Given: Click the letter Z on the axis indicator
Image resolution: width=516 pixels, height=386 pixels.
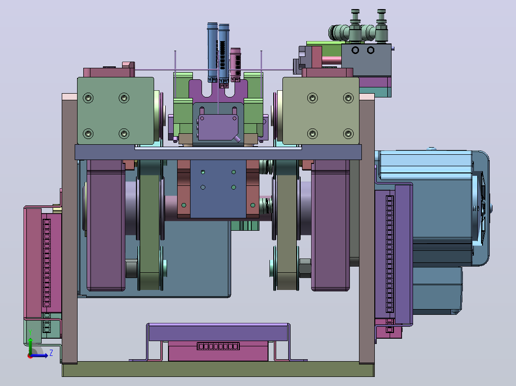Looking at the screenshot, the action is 51,353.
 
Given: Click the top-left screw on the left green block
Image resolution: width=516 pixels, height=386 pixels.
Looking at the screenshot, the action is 88,98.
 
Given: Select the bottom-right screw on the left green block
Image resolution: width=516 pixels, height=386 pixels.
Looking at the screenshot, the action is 124,134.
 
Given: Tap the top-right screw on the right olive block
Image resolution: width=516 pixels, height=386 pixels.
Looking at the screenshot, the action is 348,98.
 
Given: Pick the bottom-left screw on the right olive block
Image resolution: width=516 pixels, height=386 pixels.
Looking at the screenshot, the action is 313,134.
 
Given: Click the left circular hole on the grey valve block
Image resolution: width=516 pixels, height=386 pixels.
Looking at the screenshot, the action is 355,50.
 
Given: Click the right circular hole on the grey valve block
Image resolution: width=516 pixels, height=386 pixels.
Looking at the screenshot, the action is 371,50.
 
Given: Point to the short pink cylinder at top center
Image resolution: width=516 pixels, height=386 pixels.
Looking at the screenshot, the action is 236,64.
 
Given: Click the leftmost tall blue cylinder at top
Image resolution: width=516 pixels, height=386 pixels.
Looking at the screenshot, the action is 212,52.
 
